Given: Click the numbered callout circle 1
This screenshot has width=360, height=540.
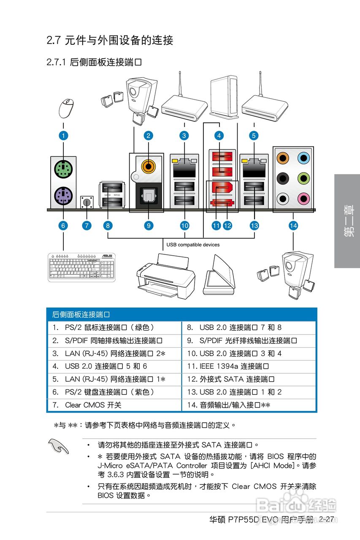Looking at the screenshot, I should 63,135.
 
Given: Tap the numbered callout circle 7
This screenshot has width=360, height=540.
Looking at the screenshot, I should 87,225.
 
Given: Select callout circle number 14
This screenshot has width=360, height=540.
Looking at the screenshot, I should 293,225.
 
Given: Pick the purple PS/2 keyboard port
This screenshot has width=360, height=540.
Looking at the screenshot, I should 63,196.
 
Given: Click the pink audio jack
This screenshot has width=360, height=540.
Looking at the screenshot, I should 303,197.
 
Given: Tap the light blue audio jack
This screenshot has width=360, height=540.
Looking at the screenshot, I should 303,158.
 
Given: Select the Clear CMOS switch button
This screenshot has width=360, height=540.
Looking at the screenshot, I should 87,202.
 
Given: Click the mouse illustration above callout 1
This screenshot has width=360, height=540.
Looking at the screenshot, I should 66,108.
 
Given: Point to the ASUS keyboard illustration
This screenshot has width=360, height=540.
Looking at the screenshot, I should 81,267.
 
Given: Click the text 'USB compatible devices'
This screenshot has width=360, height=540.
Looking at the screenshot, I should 193,245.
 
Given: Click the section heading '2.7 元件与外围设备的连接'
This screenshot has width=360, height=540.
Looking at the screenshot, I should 110,40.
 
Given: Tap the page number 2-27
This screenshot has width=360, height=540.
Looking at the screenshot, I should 327,519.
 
